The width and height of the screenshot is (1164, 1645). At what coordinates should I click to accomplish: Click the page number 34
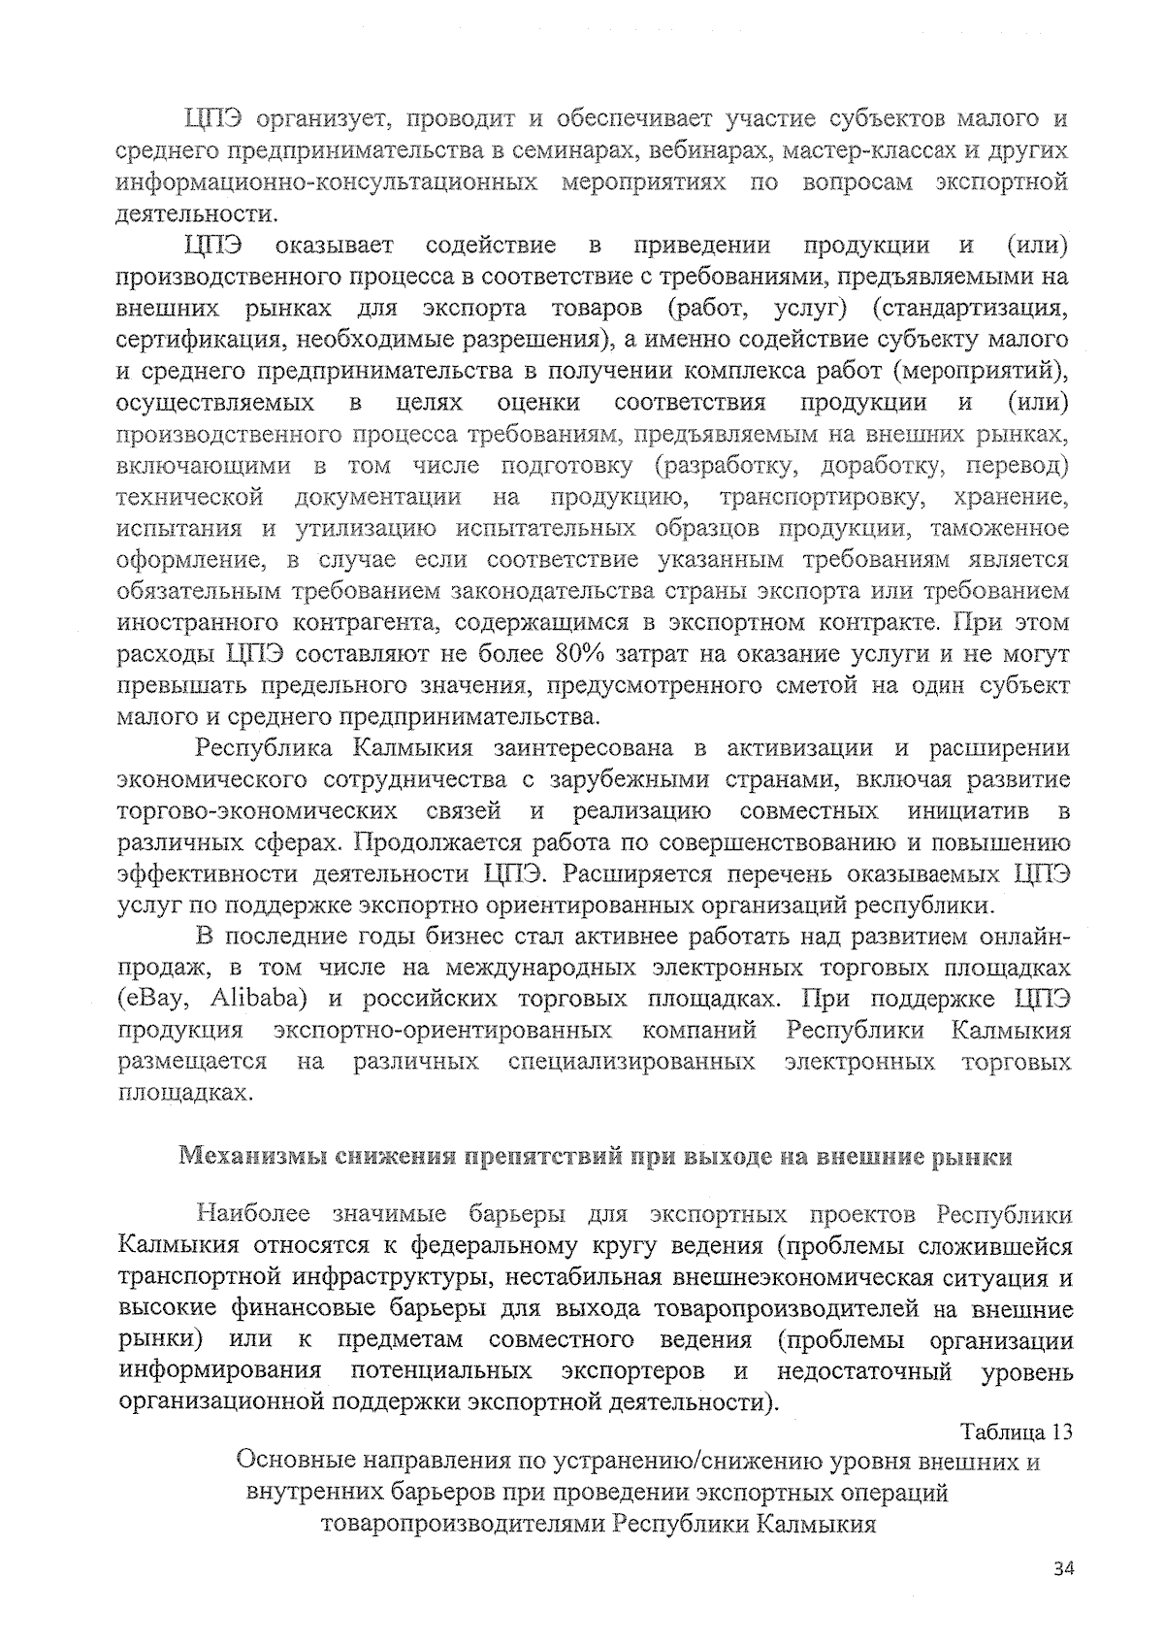click(x=1064, y=1568)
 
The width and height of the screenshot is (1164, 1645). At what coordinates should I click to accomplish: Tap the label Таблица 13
click(x=1017, y=1432)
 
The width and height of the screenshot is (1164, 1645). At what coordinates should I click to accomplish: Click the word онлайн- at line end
click(x=1024, y=937)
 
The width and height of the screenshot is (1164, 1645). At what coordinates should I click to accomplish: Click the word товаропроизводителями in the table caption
click(x=464, y=1525)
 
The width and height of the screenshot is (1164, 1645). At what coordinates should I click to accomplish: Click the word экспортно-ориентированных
click(x=442, y=1031)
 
